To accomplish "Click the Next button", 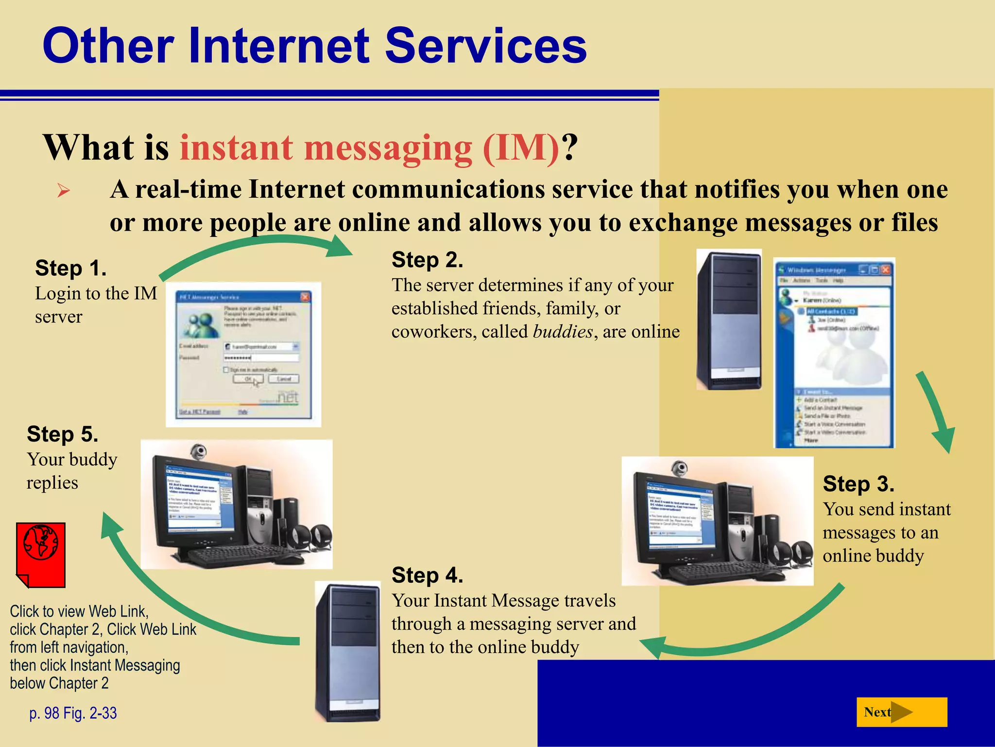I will [901, 712].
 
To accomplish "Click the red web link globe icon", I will [41, 554].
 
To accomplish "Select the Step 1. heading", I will [71, 268].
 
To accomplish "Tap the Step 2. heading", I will [427, 260].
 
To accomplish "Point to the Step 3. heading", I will [858, 484].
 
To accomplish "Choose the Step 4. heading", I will [427, 575].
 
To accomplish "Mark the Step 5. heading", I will [63, 434].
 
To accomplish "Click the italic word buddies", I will [563, 332].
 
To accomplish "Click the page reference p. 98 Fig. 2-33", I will [73, 713].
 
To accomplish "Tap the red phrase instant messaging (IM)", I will [369, 147].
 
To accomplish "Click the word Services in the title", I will [486, 46].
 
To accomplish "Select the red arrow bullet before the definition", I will [64, 190].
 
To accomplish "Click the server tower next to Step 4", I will [348, 652].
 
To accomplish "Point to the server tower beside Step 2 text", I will [729, 320].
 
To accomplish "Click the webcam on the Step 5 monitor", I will [198, 452].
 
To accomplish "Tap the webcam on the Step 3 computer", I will [679, 469].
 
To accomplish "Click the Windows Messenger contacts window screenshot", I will [834, 353].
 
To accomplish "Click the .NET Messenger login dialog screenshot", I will [243, 355].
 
